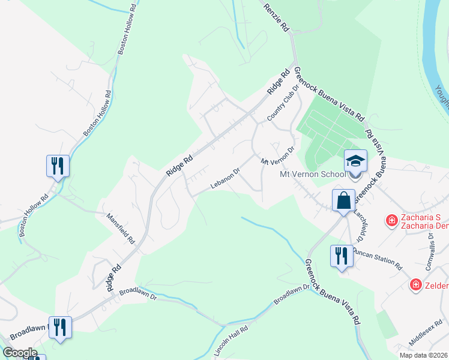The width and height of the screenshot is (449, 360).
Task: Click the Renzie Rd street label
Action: coord(276,16)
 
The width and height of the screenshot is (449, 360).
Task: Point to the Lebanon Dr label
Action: coord(226,178)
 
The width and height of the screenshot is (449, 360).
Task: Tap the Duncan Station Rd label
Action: coord(377,259)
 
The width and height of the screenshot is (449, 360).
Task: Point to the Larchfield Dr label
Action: coord(358,224)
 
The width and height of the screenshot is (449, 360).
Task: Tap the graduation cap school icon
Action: coord(355,161)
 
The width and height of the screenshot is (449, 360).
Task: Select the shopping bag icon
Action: coord(345,200)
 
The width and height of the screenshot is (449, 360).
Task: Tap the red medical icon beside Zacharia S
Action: coord(392,221)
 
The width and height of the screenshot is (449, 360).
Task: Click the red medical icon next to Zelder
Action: coord(415,284)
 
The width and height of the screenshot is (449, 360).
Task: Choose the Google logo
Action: coord(20,353)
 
